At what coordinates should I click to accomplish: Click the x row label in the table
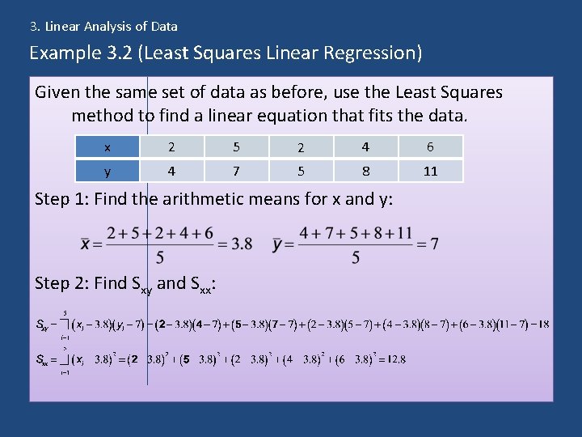pyautogui.click(x=107, y=146)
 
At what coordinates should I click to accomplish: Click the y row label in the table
pyautogui.click(x=107, y=172)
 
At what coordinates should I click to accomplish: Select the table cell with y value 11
pyautogui.click(x=431, y=172)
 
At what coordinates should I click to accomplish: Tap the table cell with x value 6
pyautogui.click(x=431, y=146)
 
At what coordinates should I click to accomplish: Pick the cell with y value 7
pyautogui.click(x=235, y=172)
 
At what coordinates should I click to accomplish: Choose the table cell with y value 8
pyautogui.click(x=365, y=172)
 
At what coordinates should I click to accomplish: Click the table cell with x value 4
pyautogui.click(x=365, y=146)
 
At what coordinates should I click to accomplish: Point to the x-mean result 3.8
pyautogui.click(x=242, y=244)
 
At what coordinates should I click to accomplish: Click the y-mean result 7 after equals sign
pyautogui.click(x=434, y=244)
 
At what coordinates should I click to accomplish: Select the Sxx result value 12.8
pyautogui.click(x=391, y=359)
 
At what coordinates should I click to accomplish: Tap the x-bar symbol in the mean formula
pyautogui.click(x=85, y=244)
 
